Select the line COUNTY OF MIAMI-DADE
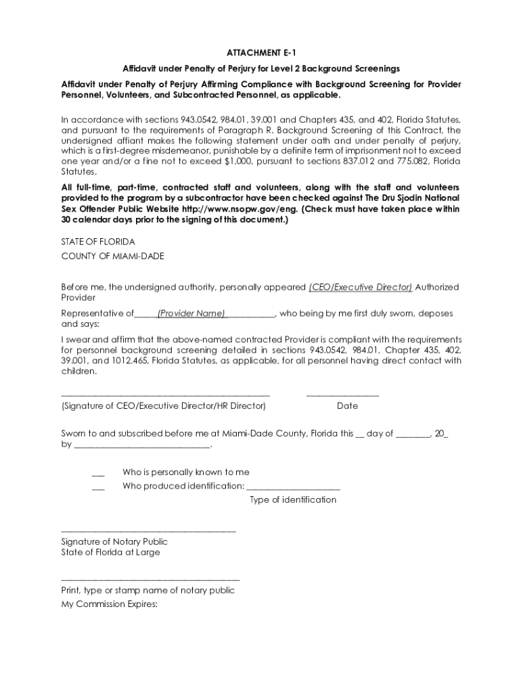112,256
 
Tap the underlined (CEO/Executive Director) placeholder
360,287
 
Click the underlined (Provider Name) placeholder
191,313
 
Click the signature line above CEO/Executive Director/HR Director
165,395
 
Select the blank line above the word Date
342,395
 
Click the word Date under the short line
347,406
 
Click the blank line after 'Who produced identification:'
293,488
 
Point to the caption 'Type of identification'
293,499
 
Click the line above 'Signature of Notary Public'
148,531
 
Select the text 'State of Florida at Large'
110,552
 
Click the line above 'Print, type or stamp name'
150,579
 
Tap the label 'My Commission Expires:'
109,604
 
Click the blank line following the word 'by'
141,447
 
